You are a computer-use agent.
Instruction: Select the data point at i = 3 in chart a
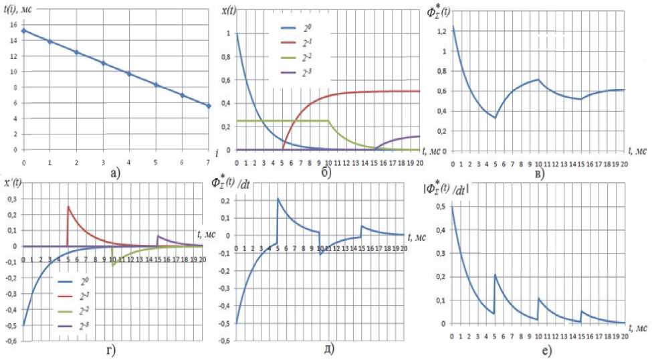tap(103, 63)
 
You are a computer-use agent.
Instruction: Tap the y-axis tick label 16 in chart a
tap(13, 24)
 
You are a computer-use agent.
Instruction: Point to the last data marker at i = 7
tap(209, 106)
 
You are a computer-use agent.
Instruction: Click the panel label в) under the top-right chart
tap(540, 175)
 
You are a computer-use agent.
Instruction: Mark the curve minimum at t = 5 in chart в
tap(496, 118)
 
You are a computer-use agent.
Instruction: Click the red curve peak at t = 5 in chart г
tap(68, 206)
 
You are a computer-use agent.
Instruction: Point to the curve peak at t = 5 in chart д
tap(278, 198)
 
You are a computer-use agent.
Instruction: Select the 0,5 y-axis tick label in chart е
tap(443, 207)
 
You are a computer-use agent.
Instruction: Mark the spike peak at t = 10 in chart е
tap(538, 298)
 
